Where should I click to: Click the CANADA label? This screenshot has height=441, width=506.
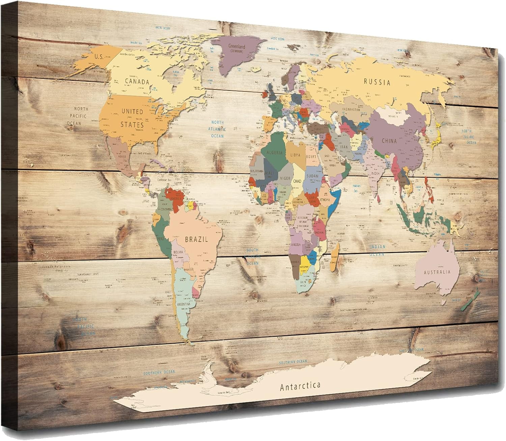click(137, 81)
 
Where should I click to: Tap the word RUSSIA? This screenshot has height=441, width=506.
click(377, 82)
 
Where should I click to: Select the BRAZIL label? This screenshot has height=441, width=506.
click(196, 239)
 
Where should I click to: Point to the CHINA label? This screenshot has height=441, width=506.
click(389, 141)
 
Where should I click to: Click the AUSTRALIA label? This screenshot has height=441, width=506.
click(437, 272)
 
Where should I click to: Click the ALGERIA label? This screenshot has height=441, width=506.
click(274, 152)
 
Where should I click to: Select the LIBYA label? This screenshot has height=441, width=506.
click(294, 155)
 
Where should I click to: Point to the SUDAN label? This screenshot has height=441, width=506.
click(312, 175)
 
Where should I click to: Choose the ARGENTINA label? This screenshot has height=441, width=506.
click(184, 304)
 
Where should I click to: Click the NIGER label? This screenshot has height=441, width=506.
click(285, 178)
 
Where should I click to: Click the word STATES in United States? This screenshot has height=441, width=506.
click(132, 125)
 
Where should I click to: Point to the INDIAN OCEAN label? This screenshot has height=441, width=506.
click(377, 250)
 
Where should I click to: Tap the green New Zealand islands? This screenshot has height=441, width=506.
click(471, 300)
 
